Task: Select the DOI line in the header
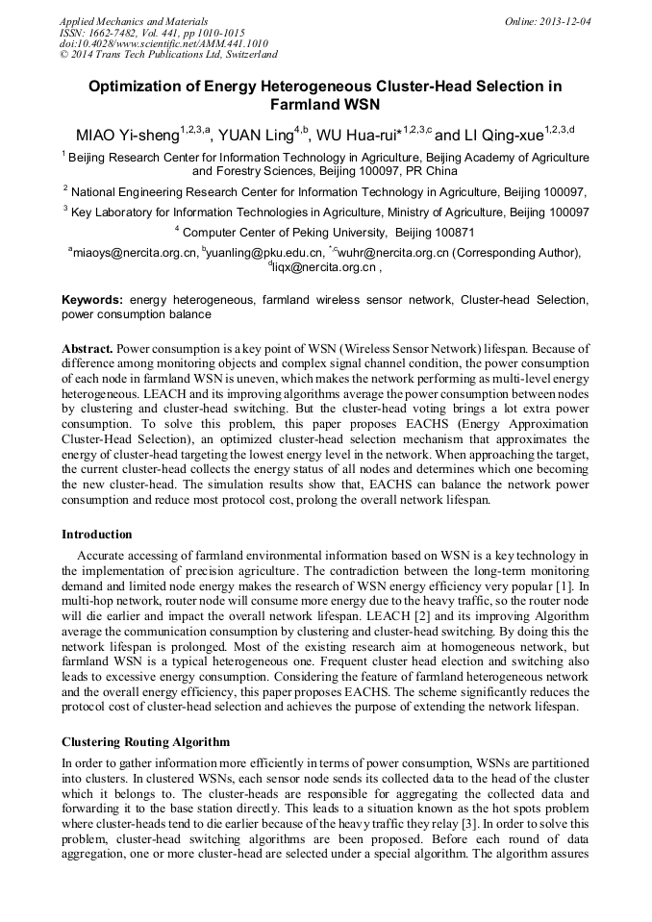(163, 43)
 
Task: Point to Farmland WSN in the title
(325, 104)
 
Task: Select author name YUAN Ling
(255, 135)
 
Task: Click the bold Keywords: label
(92, 300)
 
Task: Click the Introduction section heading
(97, 534)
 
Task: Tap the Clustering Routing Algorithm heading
(146, 741)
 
